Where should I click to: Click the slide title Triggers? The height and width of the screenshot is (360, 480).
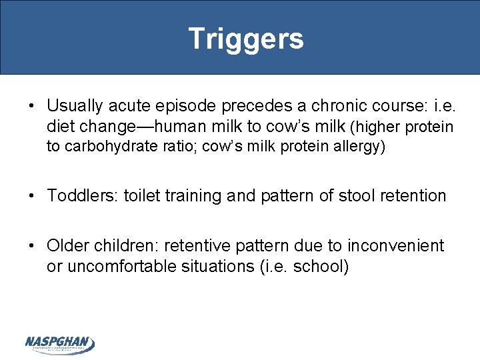pos(245,39)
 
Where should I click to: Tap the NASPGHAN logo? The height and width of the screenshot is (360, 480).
pos(59,343)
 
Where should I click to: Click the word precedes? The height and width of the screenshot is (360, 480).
pos(235,107)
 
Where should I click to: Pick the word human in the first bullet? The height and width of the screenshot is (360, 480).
pos(192,127)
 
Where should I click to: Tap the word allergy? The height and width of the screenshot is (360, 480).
pos(358,147)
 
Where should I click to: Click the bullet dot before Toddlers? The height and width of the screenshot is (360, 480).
pos(33,197)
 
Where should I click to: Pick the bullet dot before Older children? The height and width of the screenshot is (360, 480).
pos(33,247)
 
